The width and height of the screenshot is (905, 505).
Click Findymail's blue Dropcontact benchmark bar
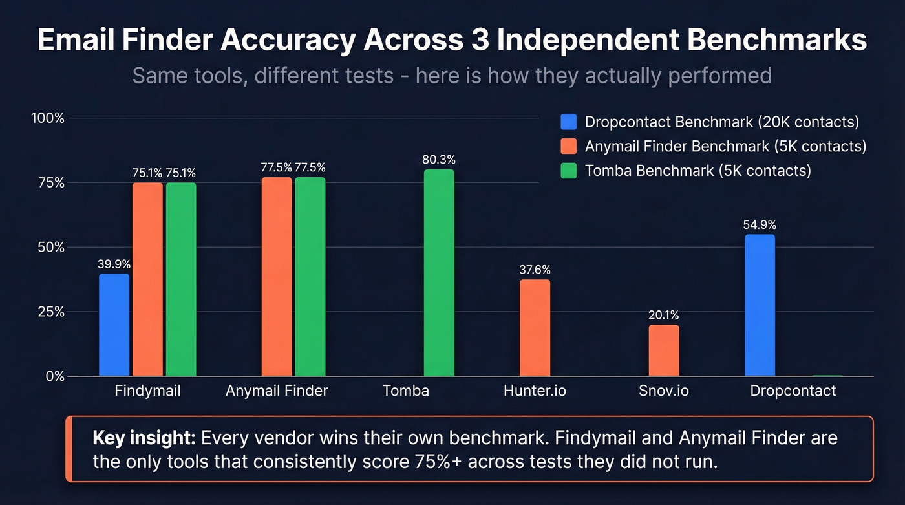114,325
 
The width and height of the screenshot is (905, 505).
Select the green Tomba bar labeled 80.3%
439,272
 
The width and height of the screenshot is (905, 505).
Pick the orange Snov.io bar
664,350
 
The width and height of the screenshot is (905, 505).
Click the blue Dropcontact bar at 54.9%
760,305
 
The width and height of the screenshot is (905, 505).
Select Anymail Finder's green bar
310,276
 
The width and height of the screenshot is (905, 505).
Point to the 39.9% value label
114,264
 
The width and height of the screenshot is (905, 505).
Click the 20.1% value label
664,316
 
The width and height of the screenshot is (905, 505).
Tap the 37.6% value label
535,270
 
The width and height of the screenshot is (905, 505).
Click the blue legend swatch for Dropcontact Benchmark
569,122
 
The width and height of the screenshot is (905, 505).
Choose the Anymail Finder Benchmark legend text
725,146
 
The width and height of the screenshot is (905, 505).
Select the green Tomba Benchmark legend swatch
569,171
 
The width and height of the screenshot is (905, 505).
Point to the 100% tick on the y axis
48,118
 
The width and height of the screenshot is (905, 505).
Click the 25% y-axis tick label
50,312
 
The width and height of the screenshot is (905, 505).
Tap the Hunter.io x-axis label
535,391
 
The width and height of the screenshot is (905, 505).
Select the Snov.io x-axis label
664,391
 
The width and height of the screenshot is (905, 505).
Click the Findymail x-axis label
147,391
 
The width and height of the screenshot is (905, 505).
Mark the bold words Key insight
144,438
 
